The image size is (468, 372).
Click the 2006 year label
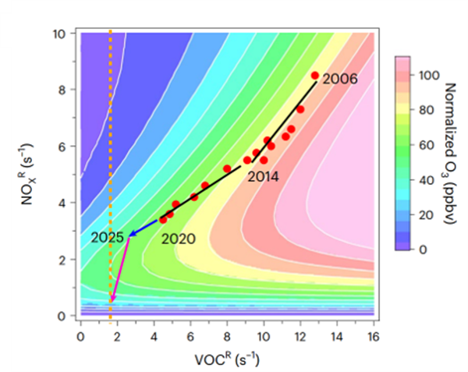[339, 79]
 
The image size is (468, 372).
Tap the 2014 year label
[263, 177]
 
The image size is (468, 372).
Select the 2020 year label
[179, 239]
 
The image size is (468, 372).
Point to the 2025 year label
[108, 237]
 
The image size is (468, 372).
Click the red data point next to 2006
[315, 76]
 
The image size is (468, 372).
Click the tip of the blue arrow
[130, 234]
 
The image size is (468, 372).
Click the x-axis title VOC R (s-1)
[227, 360]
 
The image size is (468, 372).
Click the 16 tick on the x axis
[373, 335]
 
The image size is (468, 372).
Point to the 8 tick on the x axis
[227, 335]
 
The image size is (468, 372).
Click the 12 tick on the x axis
[300, 335]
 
